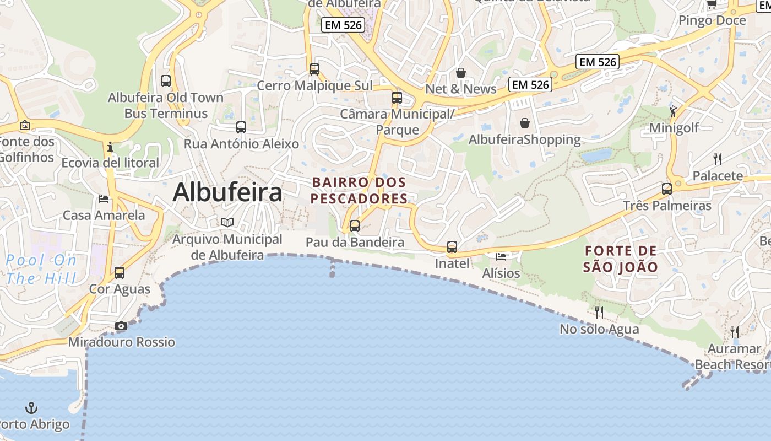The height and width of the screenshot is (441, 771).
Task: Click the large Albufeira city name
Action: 227,192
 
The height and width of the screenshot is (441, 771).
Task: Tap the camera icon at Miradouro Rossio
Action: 121,326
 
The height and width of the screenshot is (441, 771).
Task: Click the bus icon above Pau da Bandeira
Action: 355,225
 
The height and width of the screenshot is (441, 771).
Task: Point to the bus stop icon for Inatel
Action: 452,247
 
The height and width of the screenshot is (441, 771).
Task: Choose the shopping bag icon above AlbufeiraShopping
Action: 525,122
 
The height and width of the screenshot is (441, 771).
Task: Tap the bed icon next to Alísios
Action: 501,256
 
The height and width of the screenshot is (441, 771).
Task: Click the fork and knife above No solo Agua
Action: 599,313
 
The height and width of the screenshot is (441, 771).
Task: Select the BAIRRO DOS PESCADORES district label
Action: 359,190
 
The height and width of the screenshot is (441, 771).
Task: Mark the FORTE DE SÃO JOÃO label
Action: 621,259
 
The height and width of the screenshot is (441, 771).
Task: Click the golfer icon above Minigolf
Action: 674,111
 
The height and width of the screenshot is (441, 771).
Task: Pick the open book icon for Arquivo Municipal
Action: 227,222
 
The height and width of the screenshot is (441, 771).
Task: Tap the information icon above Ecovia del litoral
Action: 110,147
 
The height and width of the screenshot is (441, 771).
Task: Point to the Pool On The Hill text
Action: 41,269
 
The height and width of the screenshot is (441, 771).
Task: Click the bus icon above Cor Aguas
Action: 120,272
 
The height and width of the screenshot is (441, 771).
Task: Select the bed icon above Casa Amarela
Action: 104,198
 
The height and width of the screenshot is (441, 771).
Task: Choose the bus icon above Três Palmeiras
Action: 667,189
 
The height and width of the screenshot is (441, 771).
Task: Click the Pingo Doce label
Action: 712,20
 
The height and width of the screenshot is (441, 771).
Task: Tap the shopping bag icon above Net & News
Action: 461,73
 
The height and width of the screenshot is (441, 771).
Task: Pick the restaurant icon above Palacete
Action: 718,159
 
